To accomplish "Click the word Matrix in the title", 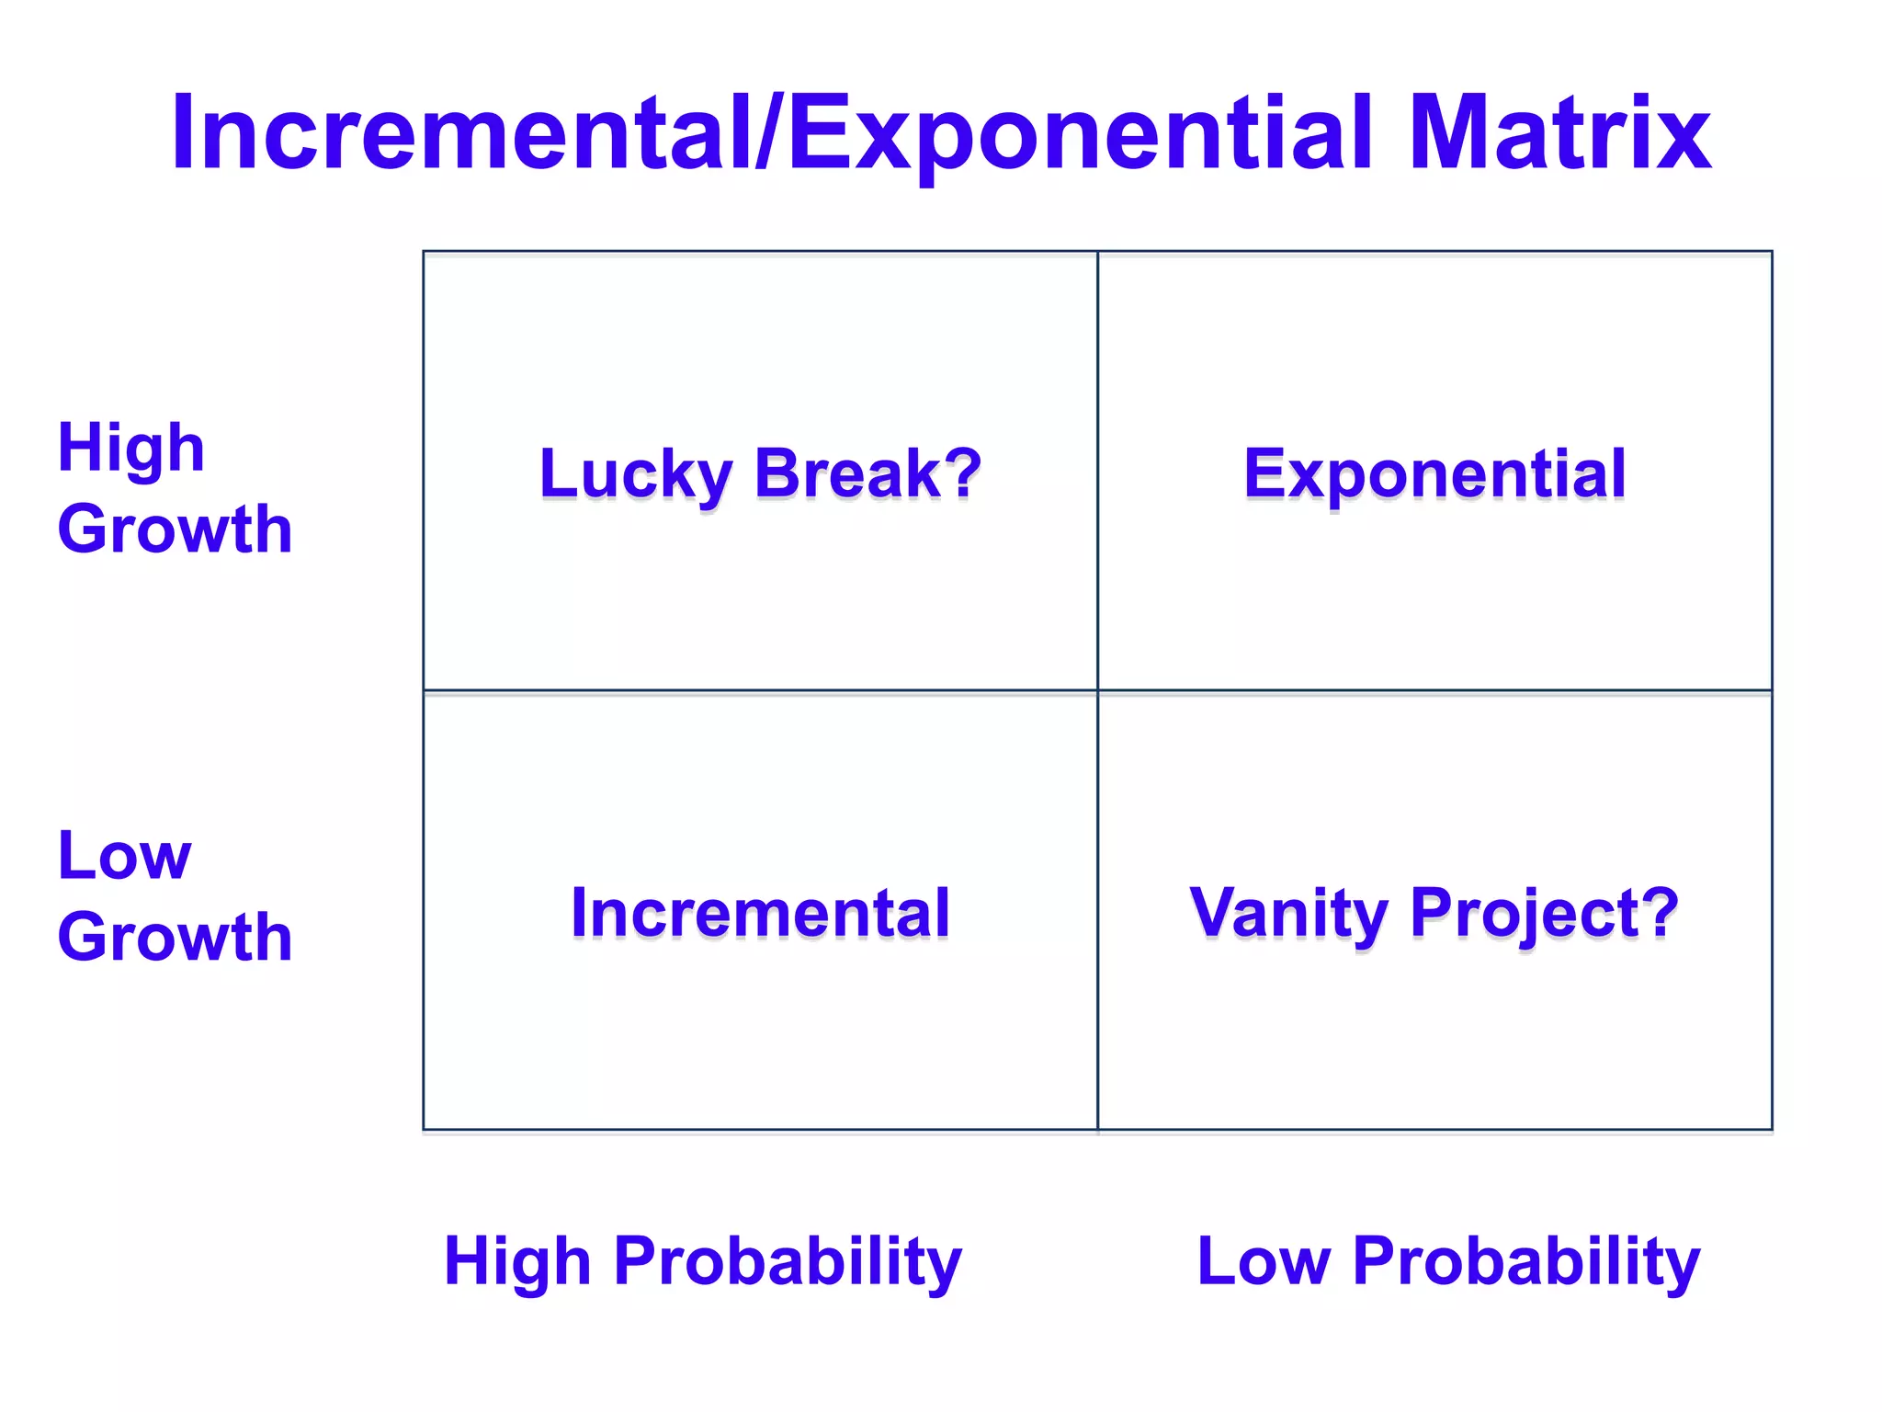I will point(1559,133).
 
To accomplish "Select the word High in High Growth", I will point(130,449).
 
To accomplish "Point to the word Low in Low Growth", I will point(124,856).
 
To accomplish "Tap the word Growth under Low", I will point(175,937).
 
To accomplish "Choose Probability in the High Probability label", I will point(788,1260).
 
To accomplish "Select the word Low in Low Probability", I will point(1264,1260).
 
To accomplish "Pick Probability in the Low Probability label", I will point(1526,1260).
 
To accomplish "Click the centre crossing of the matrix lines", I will point(1097,690).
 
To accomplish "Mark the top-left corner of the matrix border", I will point(424,251).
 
